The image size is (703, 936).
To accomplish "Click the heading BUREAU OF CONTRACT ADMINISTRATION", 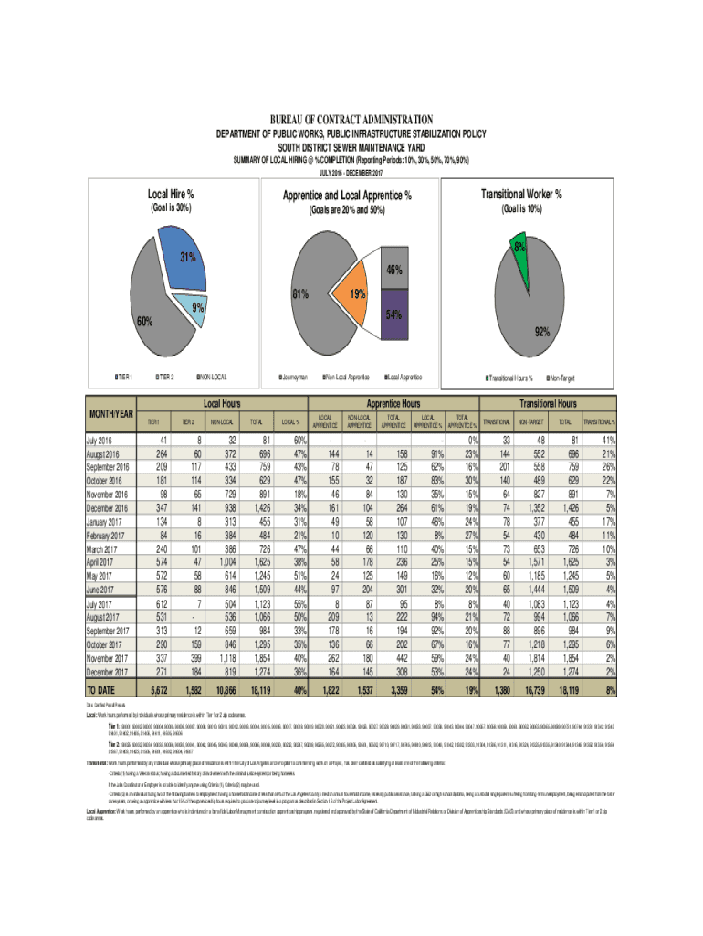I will coord(351,120).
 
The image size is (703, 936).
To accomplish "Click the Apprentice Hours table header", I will coord(393,402).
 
